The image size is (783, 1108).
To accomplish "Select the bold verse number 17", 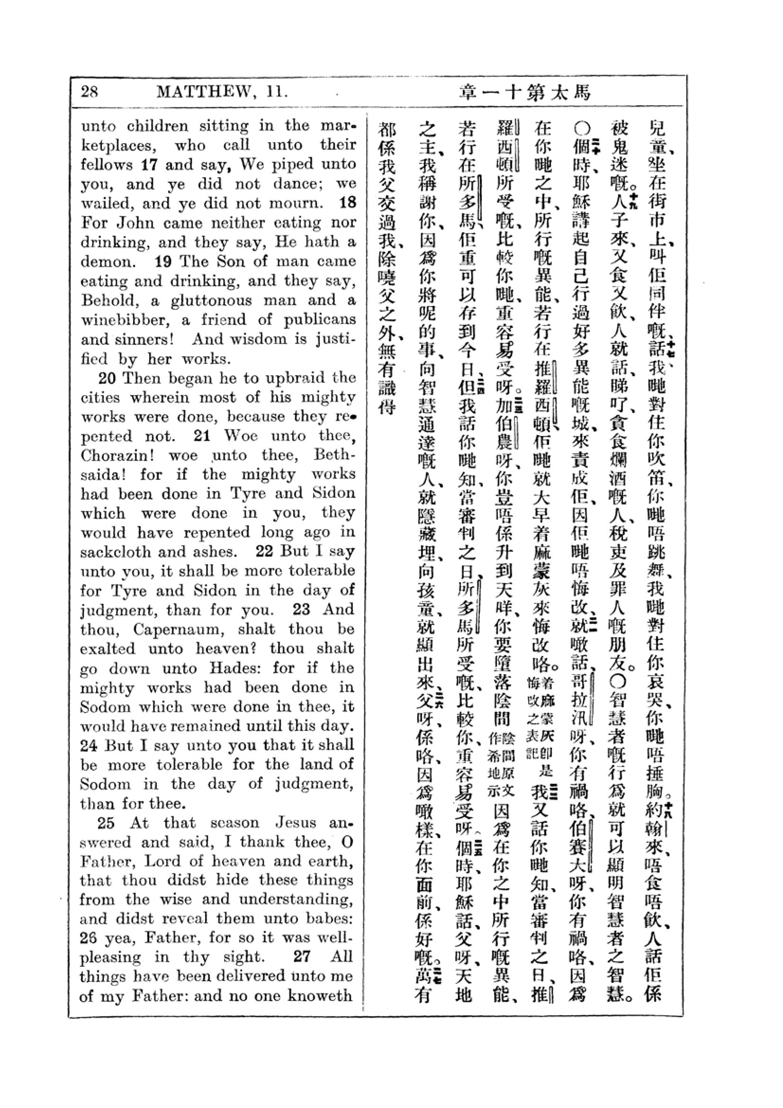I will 149,165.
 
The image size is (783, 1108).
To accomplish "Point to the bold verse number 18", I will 347,203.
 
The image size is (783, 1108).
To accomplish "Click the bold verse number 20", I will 107,378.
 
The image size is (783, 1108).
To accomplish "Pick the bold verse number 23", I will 302,610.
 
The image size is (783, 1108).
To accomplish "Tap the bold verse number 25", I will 106,823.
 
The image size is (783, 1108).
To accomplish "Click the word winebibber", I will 127,320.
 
